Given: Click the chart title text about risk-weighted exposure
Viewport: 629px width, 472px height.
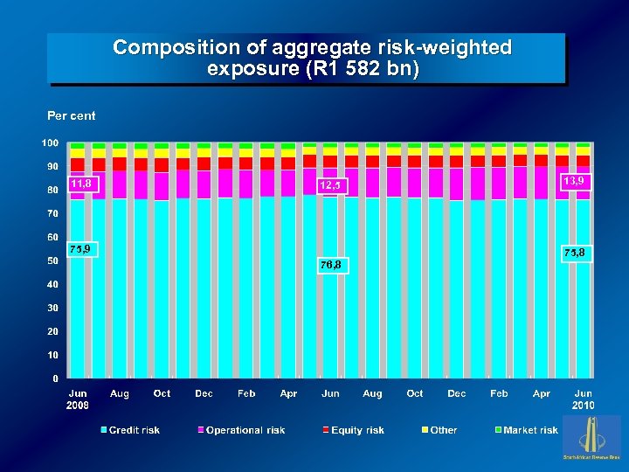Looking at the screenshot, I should [x=312, y=58].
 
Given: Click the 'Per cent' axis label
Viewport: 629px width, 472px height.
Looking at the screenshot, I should [x=72, y=115].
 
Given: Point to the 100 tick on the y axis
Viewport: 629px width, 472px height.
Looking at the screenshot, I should [x=51, y=142].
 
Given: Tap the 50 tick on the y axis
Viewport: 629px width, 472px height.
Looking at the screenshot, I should [x=52, y=260].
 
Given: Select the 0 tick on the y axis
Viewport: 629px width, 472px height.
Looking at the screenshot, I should [x=56, y=378].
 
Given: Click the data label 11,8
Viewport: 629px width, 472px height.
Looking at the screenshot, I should [x=83, y=184].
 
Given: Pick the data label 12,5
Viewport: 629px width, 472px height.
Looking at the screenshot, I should [x=333, y=185].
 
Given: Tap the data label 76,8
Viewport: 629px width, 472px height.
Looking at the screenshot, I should [x=333, y=264].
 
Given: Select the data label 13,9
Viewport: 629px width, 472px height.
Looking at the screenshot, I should [x=575, y=181].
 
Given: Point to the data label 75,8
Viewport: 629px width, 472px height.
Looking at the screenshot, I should [x=575, y=253].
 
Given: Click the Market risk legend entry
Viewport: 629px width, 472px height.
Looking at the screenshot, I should [x=526, y=430].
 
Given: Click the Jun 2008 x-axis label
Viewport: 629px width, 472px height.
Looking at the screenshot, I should [x=78, y=399].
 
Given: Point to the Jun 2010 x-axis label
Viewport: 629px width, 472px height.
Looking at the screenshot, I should [x=584, y=399].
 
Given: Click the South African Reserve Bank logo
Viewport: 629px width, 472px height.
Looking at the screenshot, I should [x=591, y=438].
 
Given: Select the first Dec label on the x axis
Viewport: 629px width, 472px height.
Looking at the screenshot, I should [x=204, y=393].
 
